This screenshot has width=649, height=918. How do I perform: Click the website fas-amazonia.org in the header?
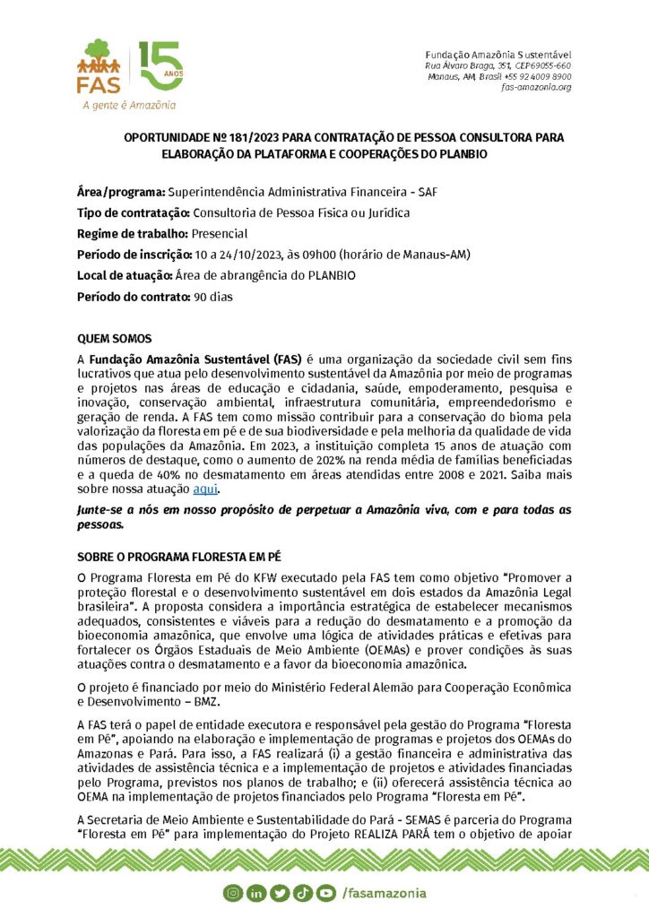(x=536, y=87)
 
